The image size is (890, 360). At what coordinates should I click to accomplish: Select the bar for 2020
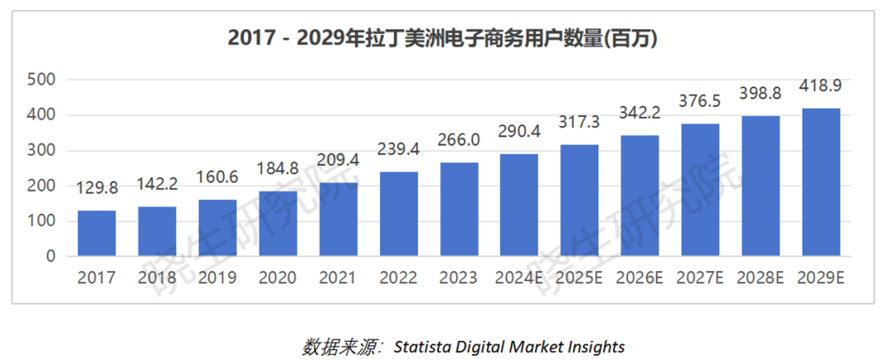(278, 223)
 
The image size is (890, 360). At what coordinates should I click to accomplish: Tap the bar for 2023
(459, 209)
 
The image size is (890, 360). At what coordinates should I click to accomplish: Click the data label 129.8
(96, 188)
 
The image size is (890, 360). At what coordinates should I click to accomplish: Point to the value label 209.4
(338, 160)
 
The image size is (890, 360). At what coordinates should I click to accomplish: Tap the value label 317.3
(580, 122)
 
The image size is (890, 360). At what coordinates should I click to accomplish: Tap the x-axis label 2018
(157, 277)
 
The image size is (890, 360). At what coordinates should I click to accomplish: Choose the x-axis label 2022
(399, 277)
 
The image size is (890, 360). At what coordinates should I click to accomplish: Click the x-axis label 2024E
(519, 277)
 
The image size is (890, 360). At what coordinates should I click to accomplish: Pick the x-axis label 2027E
(700, 277)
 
